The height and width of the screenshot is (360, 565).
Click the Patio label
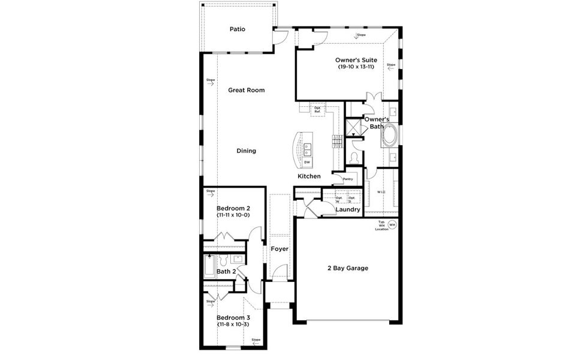pyautogui.click(x=238, y=29)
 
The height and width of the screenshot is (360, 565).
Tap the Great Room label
pyautogui.click(x=246, y=90)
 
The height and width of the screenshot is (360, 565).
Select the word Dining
pyautogui.click(x=246, y=151)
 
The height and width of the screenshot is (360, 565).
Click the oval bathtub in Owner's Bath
pyautogui.click(x=390, y=136)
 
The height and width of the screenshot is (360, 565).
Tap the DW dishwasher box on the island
pyautogui.click(x=307, y=162)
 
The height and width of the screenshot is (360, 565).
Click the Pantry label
pyautogui.click(x=347, y=179)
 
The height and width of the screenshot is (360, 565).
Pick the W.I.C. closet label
pyautogui.click(x=381, y=192)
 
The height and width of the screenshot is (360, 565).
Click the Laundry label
pyautogui.click(x=348, y=209)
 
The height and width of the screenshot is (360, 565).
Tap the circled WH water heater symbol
pyautogui.click(x=392, y=225)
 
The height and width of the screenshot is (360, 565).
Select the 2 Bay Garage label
pyautogui.click(x=348, y=268)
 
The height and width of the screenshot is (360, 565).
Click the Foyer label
pyautogui.click(x=280, y=248)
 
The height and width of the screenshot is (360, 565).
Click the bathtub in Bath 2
pyautogui.click(x=209, y=265)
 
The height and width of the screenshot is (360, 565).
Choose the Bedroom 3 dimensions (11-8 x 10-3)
pyautogui.click(x=233, y=324)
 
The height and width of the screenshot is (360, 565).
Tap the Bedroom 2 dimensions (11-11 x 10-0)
pyautogui.click(x=233, y=214)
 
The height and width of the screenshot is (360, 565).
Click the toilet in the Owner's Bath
pyautogui.click(x=355, y=157)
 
